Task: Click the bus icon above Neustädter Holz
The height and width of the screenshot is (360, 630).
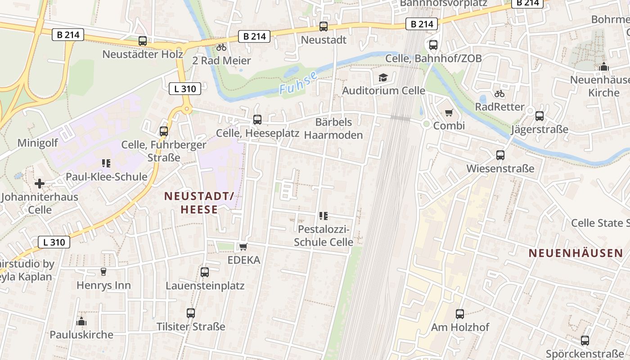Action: [143, 41]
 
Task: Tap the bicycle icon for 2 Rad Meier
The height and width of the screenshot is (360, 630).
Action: [221, 47]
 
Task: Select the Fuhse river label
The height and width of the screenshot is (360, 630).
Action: [298, 83]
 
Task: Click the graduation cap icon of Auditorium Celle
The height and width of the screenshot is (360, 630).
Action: [383, 77]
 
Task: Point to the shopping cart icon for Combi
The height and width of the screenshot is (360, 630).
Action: [449, 112]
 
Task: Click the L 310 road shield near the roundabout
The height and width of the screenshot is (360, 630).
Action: [185, 89]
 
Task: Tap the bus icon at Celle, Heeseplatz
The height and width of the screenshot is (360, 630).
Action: [257, 120]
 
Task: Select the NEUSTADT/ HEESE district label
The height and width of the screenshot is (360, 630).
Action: [199, 202]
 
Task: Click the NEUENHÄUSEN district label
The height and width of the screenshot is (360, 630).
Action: [576, 253]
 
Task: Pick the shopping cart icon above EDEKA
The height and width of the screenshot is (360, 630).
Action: [243, 247]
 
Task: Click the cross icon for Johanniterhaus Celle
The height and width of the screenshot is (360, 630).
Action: [40, 184]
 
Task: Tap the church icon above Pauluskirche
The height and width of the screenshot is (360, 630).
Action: [81, 321]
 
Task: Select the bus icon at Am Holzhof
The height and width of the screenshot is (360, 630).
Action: [460, 314]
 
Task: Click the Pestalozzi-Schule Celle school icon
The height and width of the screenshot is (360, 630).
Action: [323, 216]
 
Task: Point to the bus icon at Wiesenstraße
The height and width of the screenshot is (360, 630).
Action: [500, 155]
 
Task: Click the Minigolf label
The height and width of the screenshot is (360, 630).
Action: [38, 143]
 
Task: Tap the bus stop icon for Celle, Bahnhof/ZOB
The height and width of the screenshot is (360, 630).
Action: [433, 45]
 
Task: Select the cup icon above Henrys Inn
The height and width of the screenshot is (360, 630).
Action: [103, 272]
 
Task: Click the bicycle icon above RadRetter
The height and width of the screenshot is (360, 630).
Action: [499, 94]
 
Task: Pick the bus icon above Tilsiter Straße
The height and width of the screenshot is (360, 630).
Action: [191, 313]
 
